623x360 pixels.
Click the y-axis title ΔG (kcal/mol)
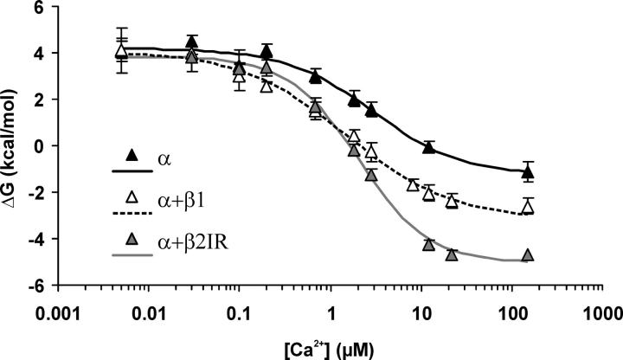coord(11,144)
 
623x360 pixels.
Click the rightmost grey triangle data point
coord(527,255)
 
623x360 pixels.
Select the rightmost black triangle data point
coord(527,173)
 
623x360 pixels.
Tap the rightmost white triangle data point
coord(527,207)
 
